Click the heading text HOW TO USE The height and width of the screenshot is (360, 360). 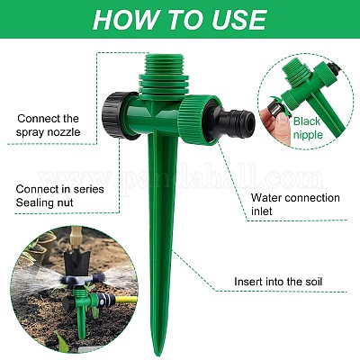(x=180, y=20)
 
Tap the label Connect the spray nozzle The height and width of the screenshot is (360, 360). (x=48, y=125)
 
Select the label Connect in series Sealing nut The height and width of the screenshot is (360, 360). (x=59, y=195)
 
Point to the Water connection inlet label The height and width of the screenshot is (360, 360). (x=295, y=204)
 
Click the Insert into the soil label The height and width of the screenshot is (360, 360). (x=278, y=282)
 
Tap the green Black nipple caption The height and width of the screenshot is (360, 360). (x=308, y=128)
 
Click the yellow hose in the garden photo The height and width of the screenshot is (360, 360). (x=125, y=299)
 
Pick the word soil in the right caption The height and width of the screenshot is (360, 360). (x=311, y=282)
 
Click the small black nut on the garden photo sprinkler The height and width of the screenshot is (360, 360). (x=69, y=303)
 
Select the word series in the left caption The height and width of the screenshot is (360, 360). (x=89, y=189)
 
